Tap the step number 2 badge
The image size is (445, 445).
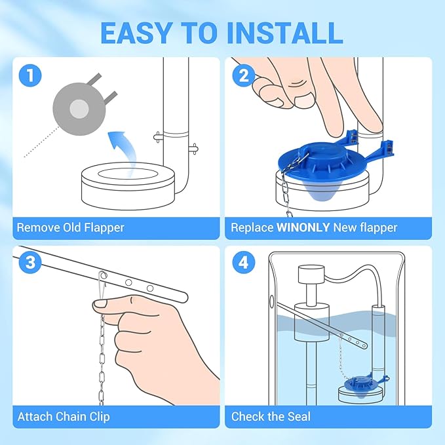coord(244,76)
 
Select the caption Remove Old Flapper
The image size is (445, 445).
coord(70,228)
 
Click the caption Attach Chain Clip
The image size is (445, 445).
coord(64,416)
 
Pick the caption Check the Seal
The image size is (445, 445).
coord(271,416)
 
